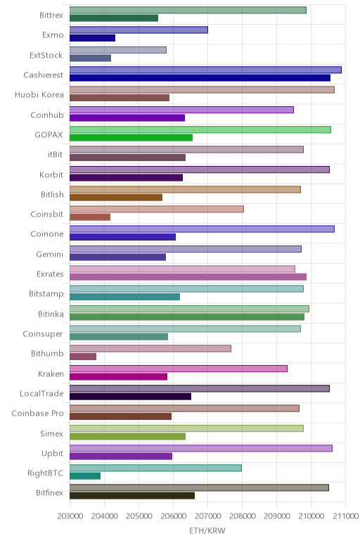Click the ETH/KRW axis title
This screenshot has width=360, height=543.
click(x=207, y=530)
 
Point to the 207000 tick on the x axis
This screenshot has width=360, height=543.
click(x=207, y=516)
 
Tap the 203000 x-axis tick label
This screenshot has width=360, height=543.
click(x=70, y=516)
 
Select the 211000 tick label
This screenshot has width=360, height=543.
click(x=345, y=516)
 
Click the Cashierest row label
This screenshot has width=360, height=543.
click(x=44, y=75)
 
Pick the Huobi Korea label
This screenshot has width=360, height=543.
click(x=39, y=94)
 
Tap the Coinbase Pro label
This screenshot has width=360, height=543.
click(x=37, y=413)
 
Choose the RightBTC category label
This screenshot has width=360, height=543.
click(x=45, y=473)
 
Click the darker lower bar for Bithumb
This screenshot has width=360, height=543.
click(x=83, y=357)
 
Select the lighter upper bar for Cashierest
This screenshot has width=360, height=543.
click(x=205, y=70)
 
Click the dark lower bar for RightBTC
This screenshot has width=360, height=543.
click(x=85, y=476)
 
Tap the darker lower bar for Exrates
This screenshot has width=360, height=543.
click(x=188, y=277)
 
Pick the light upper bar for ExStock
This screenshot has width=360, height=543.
click(x=118, y=50)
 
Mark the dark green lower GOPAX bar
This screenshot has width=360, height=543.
click(x=131, y=138)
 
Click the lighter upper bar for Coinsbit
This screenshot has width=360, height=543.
click(x=157, y=209)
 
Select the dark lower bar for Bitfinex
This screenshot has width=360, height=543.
click(x=132, y=496)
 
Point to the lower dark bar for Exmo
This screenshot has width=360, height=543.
click(x=92, y=38)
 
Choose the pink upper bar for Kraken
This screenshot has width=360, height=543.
click(x=179, y=369)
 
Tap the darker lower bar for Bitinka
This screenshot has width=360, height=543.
click(x=187, y=317)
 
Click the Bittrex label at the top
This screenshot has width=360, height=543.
click(x=51, y=15)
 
